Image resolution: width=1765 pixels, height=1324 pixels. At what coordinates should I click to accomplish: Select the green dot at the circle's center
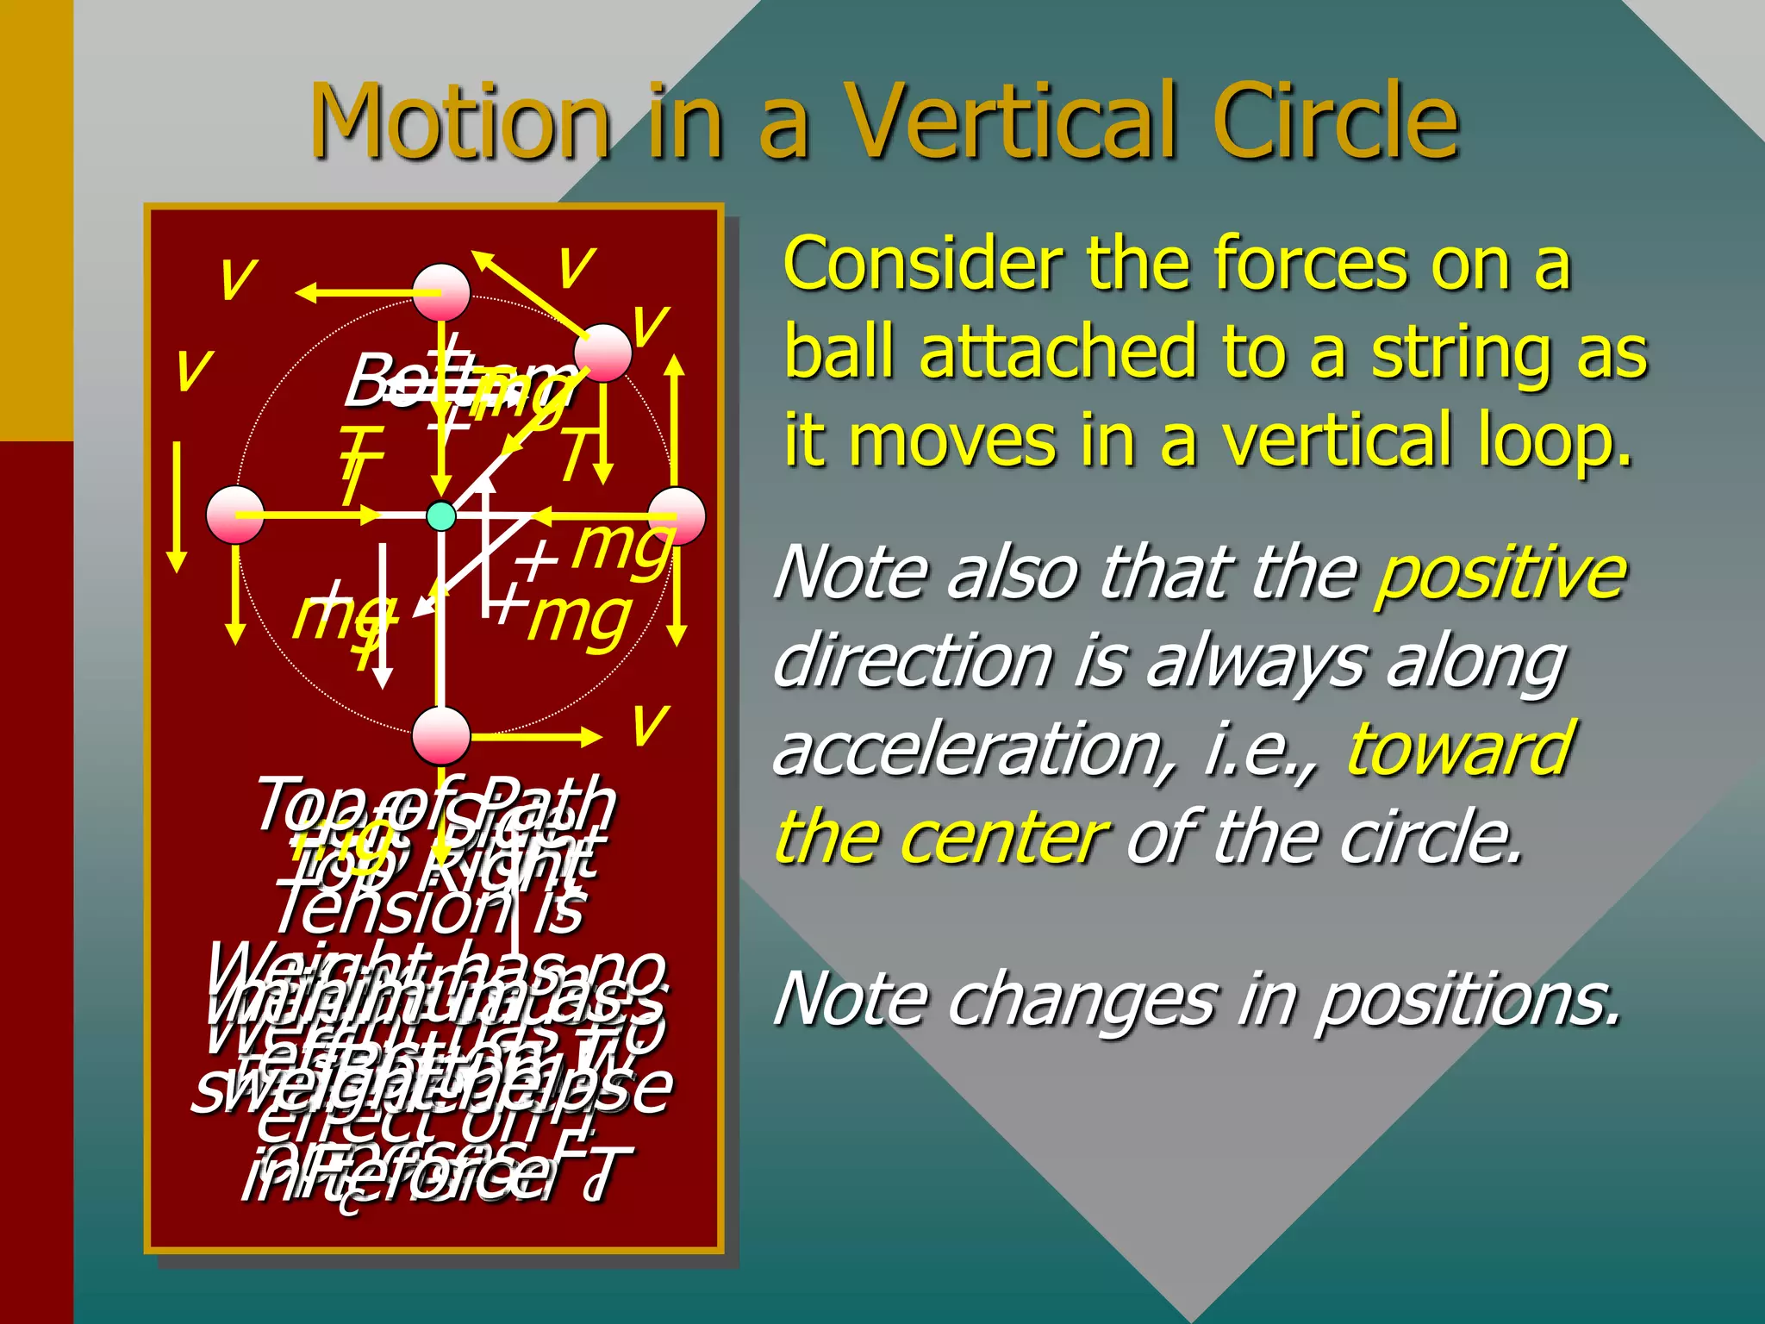coord(441,515)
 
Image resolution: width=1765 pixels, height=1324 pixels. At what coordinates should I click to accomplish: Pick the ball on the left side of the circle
coord(235,515)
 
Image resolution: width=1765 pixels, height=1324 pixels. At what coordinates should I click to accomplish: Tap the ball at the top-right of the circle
coord(603,353)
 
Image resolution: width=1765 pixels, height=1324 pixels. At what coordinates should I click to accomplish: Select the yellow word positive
coord(1500,572)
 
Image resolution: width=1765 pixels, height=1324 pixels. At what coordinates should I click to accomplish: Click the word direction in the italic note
coord(914,662)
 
